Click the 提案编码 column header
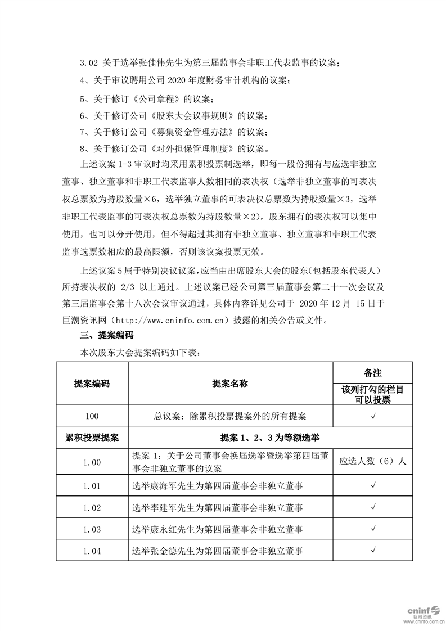point(92,384)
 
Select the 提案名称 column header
point(230,384)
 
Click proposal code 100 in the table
point(92,416)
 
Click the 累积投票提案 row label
point(92,438)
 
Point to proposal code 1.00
point(92,462)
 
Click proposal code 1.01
point(92,485)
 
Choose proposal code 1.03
point(92,529)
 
